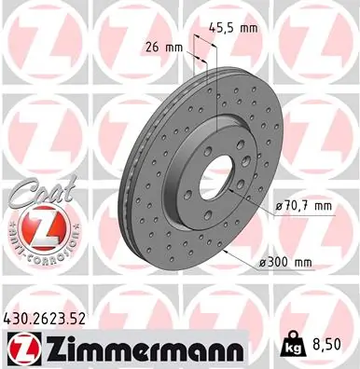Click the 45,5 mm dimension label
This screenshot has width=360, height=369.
point(233,28)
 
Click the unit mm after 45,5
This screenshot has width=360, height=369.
point(248,28)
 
